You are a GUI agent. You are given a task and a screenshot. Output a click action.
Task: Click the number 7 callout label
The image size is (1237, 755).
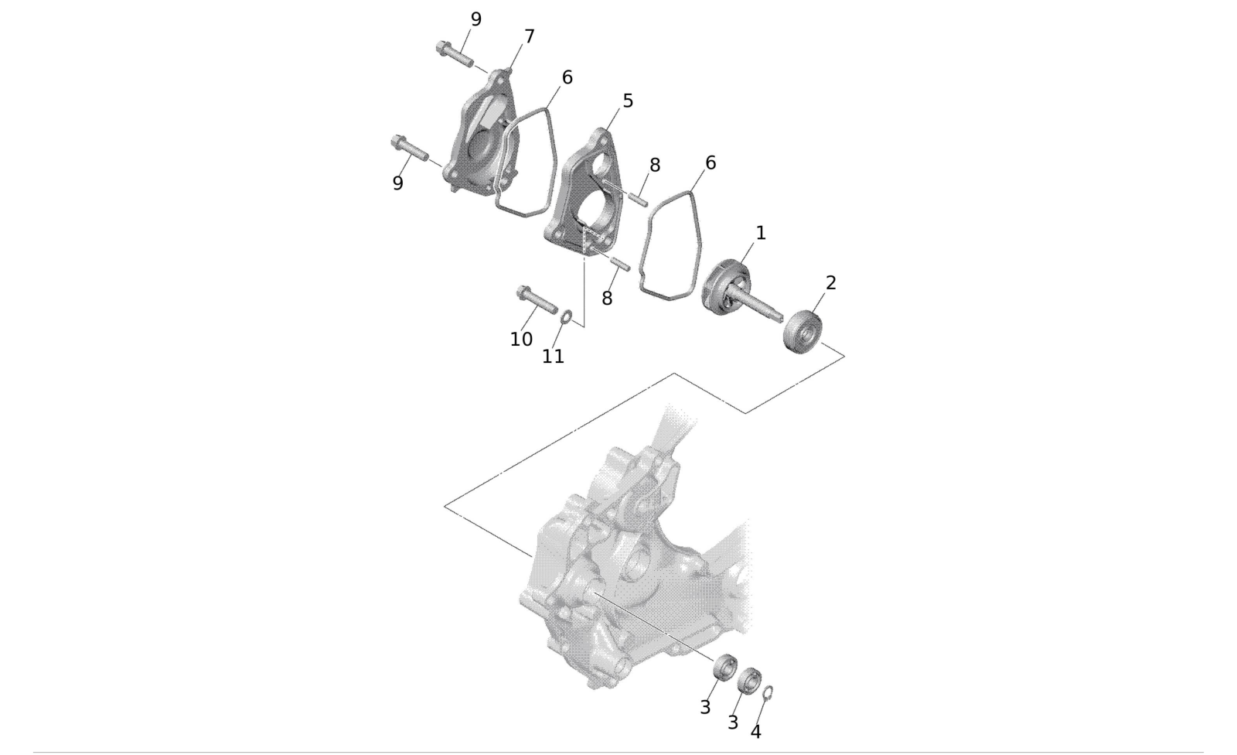[529, 36]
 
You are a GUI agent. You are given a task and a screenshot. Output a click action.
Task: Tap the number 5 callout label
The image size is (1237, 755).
[628, 101]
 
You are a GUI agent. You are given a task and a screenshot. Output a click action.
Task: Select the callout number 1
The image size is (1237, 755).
[761, 233]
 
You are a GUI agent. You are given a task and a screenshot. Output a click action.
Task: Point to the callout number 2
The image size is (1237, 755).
[830, 282]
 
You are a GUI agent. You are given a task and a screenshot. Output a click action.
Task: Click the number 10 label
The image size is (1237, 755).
[521, 340]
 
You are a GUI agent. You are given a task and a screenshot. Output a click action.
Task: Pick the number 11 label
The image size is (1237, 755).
[553, 357]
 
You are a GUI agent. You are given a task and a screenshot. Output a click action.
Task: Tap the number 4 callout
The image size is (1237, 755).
[756, 732]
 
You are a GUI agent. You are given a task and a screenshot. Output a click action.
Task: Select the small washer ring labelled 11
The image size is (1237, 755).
[566, 318]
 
